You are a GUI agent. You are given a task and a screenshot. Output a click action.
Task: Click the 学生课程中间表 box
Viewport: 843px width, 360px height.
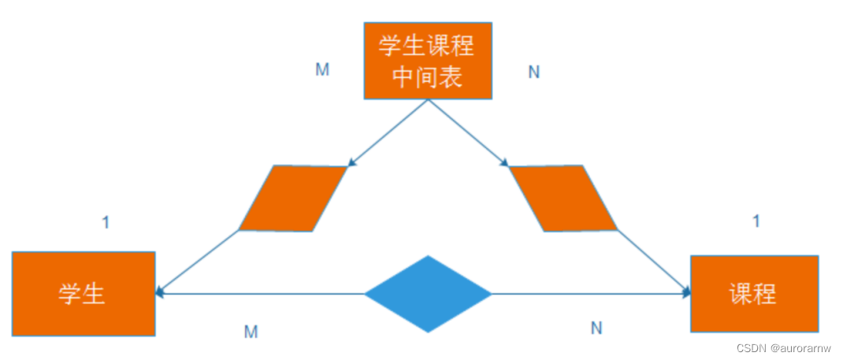(427, 61)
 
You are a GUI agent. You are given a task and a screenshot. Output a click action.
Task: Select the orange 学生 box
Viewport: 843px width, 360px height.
(84, 294)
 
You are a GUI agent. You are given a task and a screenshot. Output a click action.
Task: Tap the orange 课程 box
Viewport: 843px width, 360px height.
(754, 294)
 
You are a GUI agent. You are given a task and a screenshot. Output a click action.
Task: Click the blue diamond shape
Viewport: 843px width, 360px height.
(428, 294)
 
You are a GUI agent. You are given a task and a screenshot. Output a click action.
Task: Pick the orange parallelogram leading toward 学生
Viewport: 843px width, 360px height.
(292, 199)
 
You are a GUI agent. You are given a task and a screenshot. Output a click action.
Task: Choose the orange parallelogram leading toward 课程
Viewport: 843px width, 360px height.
(563, 199)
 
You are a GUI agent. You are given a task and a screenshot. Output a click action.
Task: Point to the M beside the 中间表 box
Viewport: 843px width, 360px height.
(322, 69)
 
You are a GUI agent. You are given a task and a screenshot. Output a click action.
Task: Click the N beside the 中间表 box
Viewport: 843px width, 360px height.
(533, 72)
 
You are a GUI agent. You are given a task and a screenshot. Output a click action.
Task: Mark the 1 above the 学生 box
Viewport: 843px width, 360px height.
(106, 223)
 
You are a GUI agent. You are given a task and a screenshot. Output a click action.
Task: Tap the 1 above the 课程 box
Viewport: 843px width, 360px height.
(756, 221)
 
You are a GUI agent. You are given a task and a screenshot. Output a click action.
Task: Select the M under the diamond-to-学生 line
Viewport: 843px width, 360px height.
(251, 332)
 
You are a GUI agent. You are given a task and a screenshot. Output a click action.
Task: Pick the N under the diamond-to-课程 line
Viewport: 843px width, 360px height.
(596, 327)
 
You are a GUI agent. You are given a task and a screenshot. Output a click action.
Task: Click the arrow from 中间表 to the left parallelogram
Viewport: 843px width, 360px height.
(388, 133)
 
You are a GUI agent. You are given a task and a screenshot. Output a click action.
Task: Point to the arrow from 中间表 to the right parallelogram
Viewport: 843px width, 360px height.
(467, 133)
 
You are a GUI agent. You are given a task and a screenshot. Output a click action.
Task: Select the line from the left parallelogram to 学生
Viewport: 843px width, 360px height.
(199, 262)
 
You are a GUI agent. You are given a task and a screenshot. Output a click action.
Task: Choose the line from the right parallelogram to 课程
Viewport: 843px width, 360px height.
(652, 262)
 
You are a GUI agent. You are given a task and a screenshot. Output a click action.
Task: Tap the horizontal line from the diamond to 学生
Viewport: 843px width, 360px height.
(260, 294)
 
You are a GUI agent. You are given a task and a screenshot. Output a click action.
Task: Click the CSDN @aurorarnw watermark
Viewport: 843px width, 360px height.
(783, 348)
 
